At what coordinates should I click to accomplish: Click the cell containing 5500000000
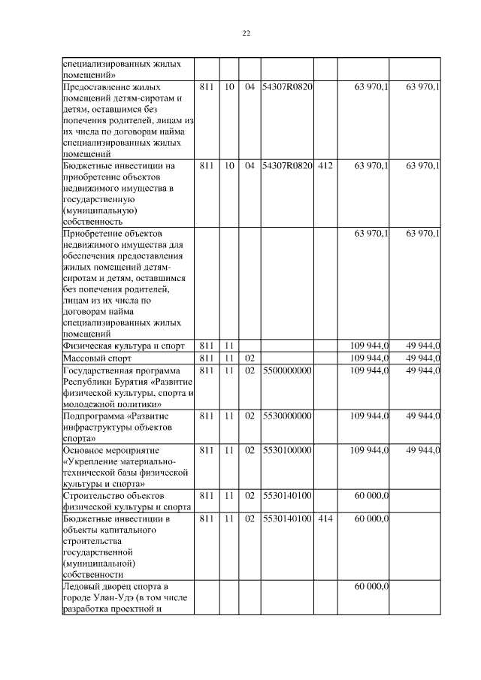click(287, 370)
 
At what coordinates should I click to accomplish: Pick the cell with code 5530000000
click(287, 415)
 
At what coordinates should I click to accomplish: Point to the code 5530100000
click(287, 449)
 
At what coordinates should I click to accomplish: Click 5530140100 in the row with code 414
click(287, 518)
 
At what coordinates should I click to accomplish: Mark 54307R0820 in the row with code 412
click(287, 165)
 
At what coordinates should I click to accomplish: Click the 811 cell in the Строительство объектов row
click(207, 496)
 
